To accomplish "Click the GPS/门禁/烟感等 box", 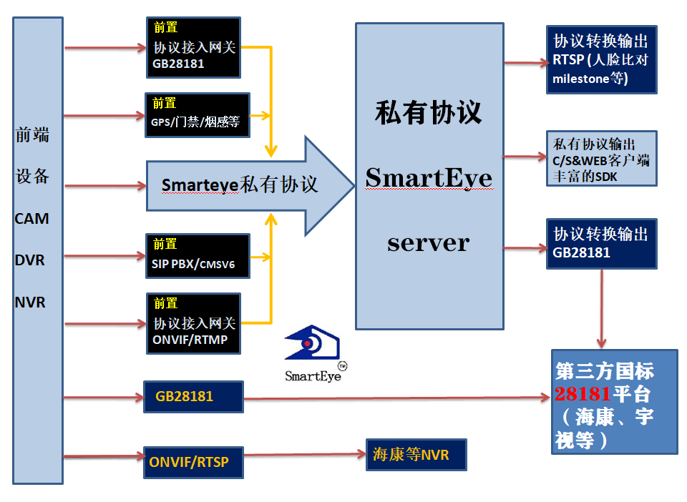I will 198,115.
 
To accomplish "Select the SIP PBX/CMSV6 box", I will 198,256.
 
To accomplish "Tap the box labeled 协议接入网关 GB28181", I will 193,47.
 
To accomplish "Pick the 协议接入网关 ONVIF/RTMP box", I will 193,323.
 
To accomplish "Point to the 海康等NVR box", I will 416,455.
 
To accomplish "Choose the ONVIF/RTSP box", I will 193,462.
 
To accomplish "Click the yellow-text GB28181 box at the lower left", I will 193,395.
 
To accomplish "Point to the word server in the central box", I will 428,242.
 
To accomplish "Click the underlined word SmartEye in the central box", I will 428,177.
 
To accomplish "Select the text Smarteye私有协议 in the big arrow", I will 239,185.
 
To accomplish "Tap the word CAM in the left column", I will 32,219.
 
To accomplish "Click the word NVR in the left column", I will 30,302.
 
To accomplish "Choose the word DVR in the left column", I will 30,260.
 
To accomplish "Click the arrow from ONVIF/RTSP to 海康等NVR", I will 304,455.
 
